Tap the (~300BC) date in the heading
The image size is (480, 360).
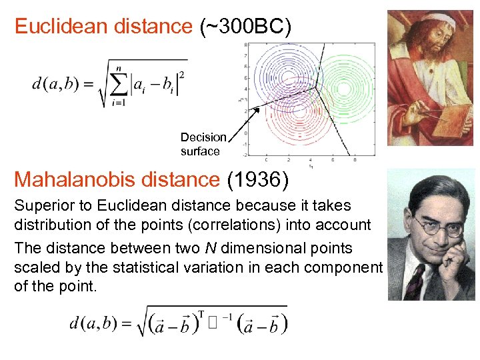click(245, 27)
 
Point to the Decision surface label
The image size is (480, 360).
click(203, 144)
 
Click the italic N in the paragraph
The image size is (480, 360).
click(209, 248)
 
